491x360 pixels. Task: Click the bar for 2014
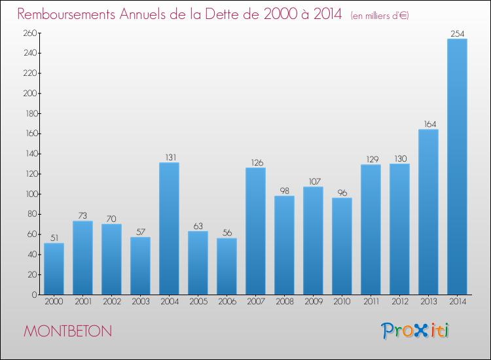coord(457,167)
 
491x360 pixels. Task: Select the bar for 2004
coord(169,228)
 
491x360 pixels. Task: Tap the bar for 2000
coord(54,269)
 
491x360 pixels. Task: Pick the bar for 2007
coord(255,231)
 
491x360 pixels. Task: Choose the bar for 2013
coord(428,212)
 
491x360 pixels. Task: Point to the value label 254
coord(457,33)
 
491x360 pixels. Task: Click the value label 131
coord(169,157)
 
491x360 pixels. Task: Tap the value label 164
coord(428,124)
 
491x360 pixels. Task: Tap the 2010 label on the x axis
coord(342,302)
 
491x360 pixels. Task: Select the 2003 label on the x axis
coord(140,302)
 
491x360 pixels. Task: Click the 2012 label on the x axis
coord(399,302)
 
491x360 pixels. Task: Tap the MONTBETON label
coord(67,331)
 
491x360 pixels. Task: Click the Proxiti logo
coord(416,331)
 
